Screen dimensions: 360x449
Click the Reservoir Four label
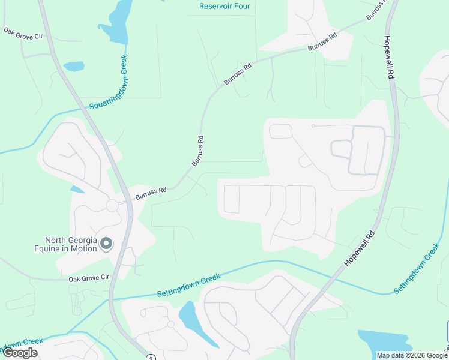pyautogui.click(x=224, y=7)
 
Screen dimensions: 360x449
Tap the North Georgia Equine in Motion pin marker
pyautogui.click(x=106, y=243)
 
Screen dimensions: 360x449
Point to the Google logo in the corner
pyautogui.click(x=20, y=353)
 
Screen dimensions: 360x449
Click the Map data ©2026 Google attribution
pyautogui.click(x=412, y=355)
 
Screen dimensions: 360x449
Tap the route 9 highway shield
pyautogui.click(x=151, y=357)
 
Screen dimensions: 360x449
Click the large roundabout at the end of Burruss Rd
pyautogui.click(x=112, y=205)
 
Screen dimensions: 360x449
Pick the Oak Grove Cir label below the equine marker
pyautogui.click(x=88, y=278)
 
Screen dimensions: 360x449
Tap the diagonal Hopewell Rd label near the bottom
pyautogui.click(x=360, y=248)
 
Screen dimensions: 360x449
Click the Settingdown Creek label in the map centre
pyautogui.click(x=188, y=285)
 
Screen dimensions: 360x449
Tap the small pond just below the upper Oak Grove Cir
pyautogui.click(x=73, y=66)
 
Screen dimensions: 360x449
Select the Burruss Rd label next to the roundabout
pyautogui.click(x=150, y=193)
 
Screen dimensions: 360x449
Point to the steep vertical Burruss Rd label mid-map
pyautogui.click(x=198, y=151)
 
